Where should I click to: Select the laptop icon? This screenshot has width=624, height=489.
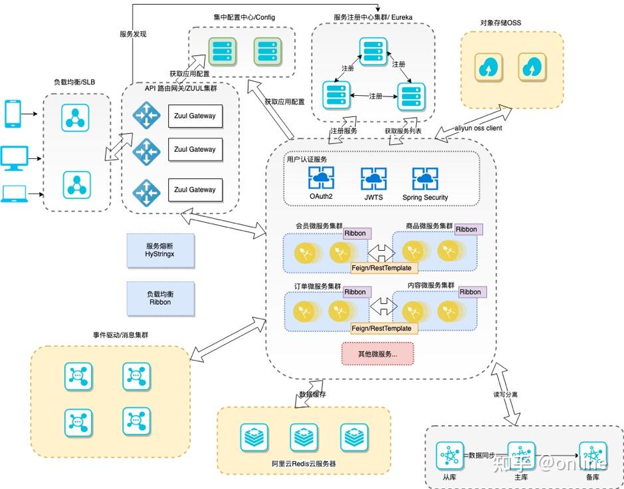(13, 194)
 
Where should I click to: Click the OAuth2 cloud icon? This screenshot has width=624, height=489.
(321, 178)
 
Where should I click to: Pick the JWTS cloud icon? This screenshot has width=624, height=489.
(373, 179)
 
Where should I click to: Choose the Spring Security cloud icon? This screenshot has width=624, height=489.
(425, 178)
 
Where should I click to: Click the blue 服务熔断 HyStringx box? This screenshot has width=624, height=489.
(161, 250)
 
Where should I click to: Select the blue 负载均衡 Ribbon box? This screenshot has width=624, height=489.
(161, 297)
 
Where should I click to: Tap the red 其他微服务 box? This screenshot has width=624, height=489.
(377, 354)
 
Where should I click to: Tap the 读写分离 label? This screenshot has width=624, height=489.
(505, 395)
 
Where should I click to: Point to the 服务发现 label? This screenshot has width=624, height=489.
(133, 34)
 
